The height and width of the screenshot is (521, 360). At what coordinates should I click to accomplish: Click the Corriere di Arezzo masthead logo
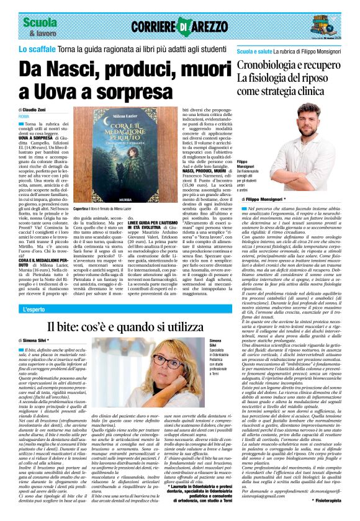coord(180,26)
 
